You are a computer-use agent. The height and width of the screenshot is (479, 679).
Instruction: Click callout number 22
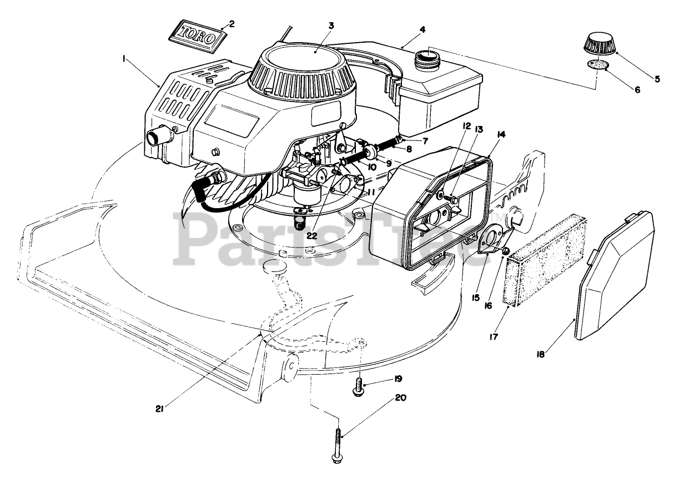[x=312, y=235]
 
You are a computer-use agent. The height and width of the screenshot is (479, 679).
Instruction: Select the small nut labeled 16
[x=506, y=252]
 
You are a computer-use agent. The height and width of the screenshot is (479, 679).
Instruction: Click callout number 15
[x=475, y=298]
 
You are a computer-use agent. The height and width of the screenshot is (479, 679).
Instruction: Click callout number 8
[x=424, y=149]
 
